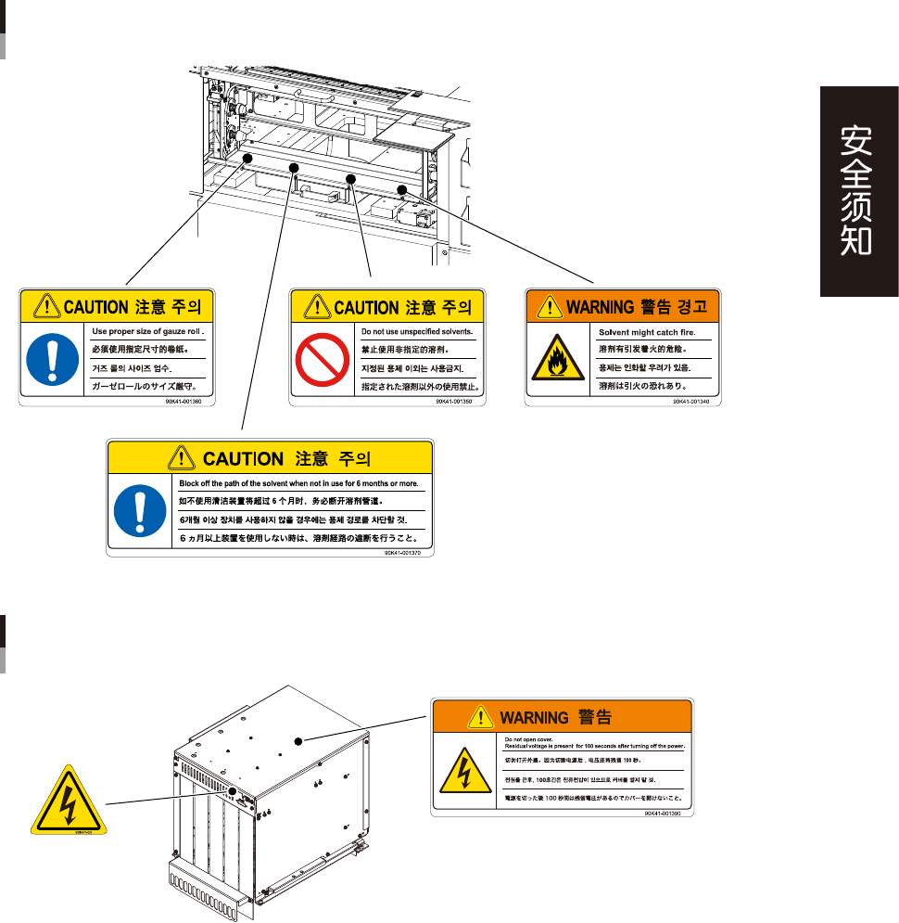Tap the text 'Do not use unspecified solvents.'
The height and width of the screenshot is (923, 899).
(415, 331)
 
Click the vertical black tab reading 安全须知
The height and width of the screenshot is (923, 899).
(858, 192)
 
